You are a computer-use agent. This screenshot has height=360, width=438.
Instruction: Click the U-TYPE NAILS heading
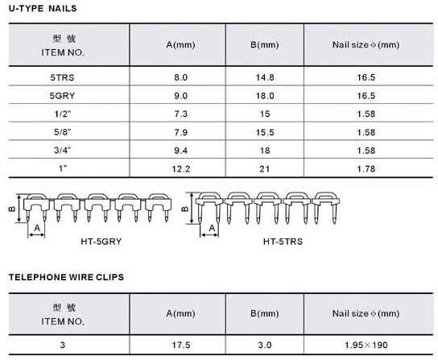coord(43,8)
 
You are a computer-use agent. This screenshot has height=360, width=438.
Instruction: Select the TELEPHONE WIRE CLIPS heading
coord(66,277)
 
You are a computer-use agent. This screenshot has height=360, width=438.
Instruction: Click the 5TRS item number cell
coord(62,77)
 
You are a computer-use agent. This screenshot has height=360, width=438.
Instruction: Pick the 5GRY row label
coord(62,96)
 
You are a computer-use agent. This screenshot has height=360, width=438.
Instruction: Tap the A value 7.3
coord(180,114)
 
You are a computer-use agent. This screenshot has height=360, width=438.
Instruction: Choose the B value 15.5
coord(265,132)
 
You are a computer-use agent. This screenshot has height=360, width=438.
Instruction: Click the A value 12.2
coord(180,169)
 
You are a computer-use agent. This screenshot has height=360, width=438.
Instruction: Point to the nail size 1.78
coord(366,169)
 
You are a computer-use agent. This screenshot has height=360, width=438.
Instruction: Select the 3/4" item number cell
coord(62,151)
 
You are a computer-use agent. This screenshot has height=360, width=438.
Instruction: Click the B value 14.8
coord(265,77)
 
